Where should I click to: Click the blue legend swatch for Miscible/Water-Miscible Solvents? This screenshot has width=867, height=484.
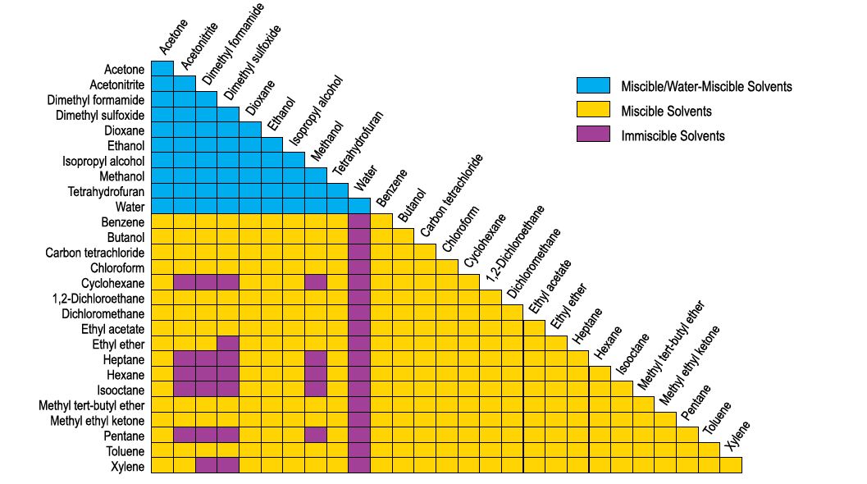(593, 85)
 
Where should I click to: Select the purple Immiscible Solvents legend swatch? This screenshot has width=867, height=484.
(593, 135)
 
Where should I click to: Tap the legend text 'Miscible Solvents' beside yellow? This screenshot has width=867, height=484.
(666, 111)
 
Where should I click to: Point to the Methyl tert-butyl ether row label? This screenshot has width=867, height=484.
(92, 405)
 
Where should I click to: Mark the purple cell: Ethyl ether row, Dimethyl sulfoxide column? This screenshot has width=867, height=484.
(228, 344)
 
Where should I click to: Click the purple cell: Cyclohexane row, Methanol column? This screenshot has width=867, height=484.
(316, 282)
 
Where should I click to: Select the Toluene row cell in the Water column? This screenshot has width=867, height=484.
(359, 451)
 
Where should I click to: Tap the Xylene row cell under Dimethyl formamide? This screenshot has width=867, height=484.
(207, 466)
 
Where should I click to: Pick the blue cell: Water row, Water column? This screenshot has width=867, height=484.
(359, 206)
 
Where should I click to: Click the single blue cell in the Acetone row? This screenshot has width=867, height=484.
(162, 68)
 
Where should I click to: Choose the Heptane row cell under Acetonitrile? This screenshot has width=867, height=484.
(185, 359)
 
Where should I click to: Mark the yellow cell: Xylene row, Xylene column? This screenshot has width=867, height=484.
(731, 466)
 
